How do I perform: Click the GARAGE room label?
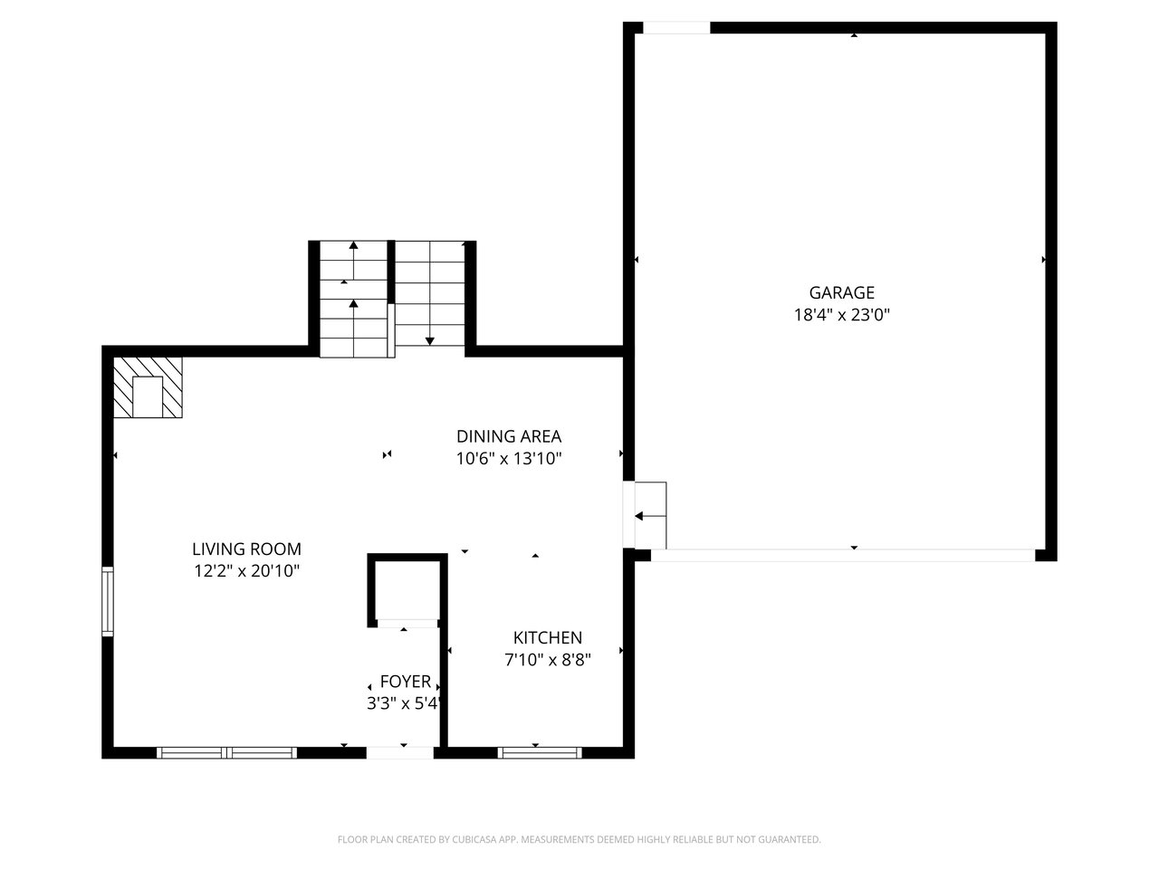coord(842,292)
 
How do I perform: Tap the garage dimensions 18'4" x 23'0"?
coord(842,315)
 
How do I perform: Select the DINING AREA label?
coord(509,436)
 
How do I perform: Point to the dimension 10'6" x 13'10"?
coord(509,459)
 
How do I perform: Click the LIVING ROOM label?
coord(246,549)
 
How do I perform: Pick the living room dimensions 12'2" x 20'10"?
coord(246,571)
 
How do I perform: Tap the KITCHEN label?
coord(548,638)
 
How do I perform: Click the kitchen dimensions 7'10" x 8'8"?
coord(548,660)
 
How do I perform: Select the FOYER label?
coord(406,682)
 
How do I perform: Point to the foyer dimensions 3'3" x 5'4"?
coord(404,703)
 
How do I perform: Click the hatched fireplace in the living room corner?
coord(148,387)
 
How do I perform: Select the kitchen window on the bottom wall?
coord(539,752)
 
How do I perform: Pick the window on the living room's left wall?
coord(108,601)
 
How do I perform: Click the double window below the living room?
coord(227,752)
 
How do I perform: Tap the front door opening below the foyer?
coord(400,753)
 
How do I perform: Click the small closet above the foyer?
coord(407,590)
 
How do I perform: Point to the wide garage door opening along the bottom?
coord(843,555)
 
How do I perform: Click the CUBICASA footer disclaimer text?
coord(579,839)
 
